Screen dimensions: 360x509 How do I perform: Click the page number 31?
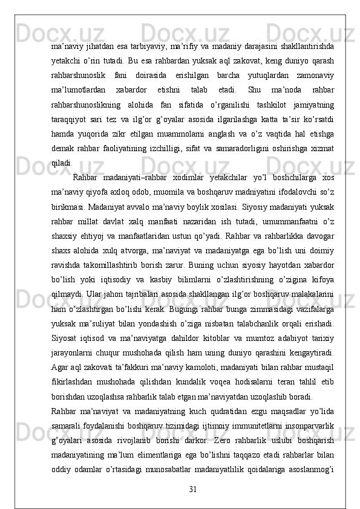(x=192, y=488)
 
